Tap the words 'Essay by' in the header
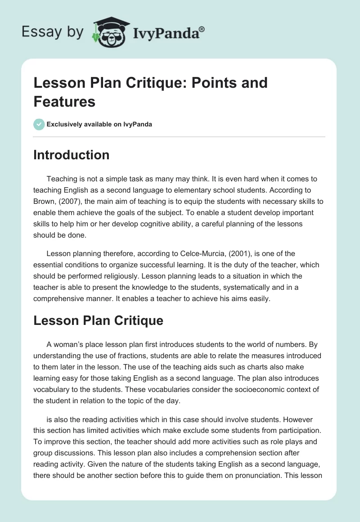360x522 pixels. pyautogui.click(x=53, y=32)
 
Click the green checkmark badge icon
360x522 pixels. pyautogui.click(x=39, y=124)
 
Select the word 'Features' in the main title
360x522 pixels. pyautogui.click(x=64, y=102)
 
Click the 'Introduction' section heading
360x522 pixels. pyautogui.click(x=72, y=155)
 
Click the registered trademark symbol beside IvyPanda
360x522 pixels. pyautogui.click(x=202, y=29)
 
